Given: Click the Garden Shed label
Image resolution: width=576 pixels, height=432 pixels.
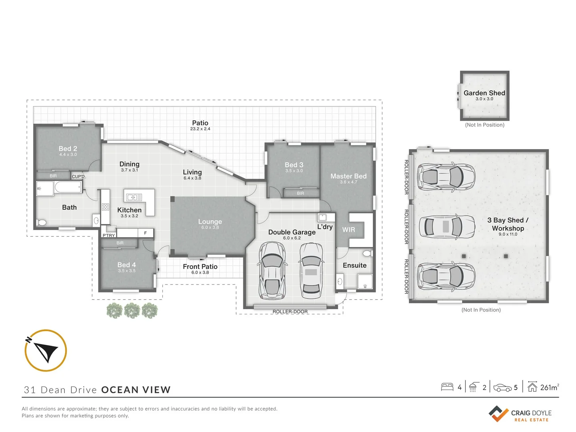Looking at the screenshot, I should coord(484,93).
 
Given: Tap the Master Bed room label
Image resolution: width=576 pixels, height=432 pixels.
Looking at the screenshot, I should coord(348,176).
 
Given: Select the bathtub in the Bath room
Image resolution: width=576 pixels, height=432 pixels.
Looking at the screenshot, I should coord(68,187).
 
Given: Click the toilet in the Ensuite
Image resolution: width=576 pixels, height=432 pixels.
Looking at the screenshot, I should coord(367,254).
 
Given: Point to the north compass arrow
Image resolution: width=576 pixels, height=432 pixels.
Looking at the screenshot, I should coord(46,351).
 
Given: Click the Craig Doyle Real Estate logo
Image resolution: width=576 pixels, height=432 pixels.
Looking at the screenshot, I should coord(520,414).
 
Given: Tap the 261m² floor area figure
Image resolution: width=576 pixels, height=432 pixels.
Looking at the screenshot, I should coord(549,387).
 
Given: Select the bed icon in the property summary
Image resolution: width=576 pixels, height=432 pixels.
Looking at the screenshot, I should coord(447,387).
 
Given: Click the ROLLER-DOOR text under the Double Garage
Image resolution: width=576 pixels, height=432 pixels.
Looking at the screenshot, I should coord(290,312).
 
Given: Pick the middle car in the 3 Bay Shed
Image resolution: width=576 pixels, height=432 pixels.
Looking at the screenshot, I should coord(447,226).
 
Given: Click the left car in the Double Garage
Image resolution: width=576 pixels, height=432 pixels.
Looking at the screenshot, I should coord(272,270).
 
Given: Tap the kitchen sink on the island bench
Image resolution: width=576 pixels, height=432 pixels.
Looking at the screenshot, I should coord(134,197).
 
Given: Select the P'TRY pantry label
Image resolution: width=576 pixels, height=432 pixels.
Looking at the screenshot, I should coord(108,235).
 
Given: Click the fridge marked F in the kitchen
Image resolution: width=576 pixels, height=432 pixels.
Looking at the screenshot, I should coord(145,233).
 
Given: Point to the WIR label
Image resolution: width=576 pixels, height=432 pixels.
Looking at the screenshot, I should coord(348,230).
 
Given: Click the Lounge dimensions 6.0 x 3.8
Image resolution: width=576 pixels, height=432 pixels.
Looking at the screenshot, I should coord(210,228).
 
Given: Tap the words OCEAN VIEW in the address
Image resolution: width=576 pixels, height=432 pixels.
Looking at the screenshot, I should coord(136,390).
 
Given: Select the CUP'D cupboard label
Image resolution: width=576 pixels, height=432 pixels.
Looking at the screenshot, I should coord(78,176).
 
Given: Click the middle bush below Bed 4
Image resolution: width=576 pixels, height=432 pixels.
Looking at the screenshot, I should coord(132,310).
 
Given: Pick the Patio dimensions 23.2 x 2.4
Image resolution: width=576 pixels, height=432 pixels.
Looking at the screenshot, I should coord(200,129).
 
